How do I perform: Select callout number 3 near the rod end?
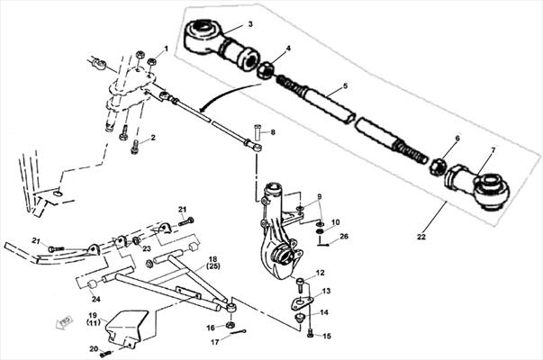(x=249, y=22)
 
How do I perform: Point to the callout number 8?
(x=272, y=132)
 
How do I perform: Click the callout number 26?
(x=344, y=237)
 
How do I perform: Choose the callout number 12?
(x=320, y=272)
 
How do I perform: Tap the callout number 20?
(x=92, y=348)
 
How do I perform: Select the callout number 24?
(x=96, y=300)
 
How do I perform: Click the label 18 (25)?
(x=214, y=262)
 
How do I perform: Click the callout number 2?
(x=153, y=138)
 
